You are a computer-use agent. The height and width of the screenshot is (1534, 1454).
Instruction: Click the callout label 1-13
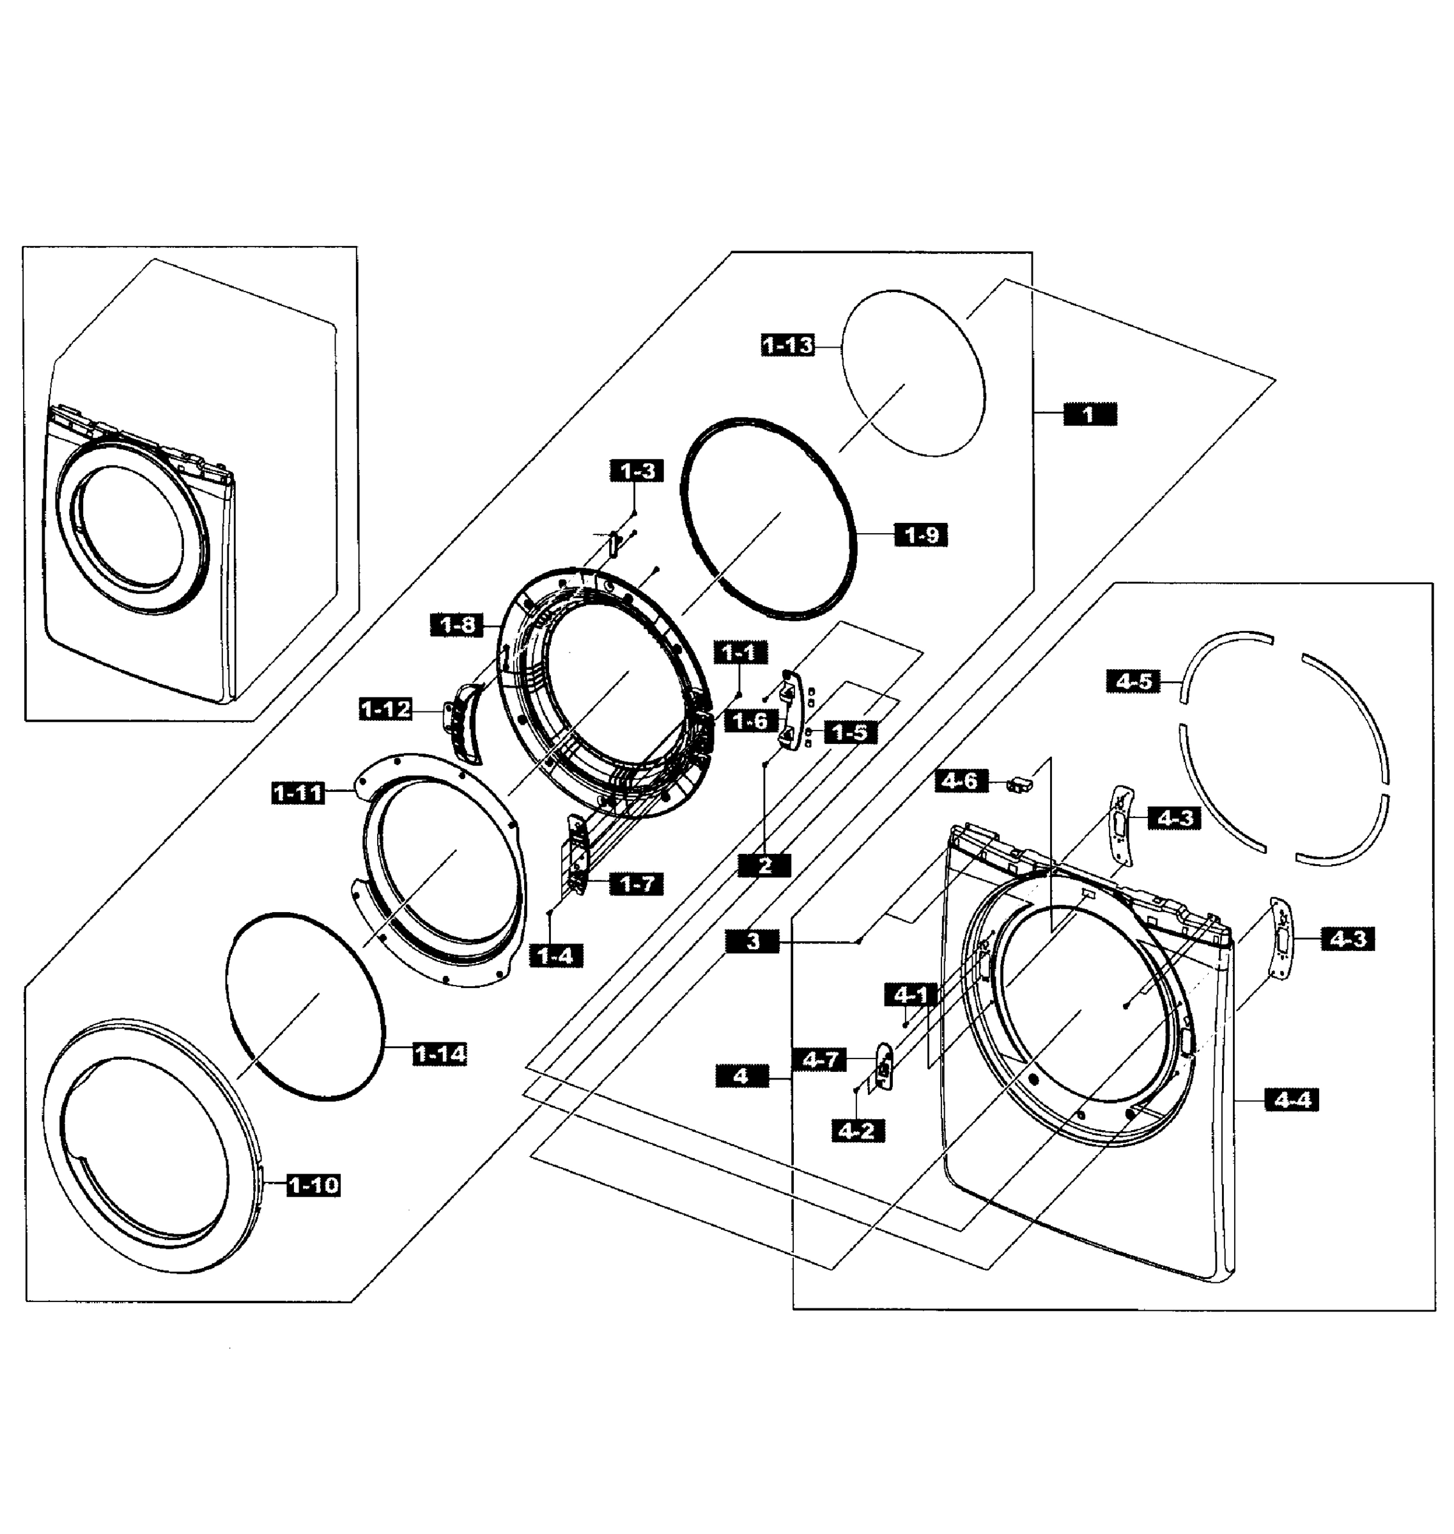point(788,345)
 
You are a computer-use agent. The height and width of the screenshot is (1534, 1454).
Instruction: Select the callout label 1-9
point(922,535)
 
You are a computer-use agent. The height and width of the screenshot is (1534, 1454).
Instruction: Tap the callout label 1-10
point(313,1185)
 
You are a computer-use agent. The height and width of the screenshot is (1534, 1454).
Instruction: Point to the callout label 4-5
point(1134,681)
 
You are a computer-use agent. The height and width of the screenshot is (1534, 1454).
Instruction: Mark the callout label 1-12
point(385,709)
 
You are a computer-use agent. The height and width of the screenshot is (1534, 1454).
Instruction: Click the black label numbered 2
point(765,866)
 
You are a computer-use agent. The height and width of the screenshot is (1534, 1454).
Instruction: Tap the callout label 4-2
point(857,1131)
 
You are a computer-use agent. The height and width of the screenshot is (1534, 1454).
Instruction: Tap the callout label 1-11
point(298,793)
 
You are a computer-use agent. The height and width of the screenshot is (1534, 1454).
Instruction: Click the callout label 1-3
point(637,470)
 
